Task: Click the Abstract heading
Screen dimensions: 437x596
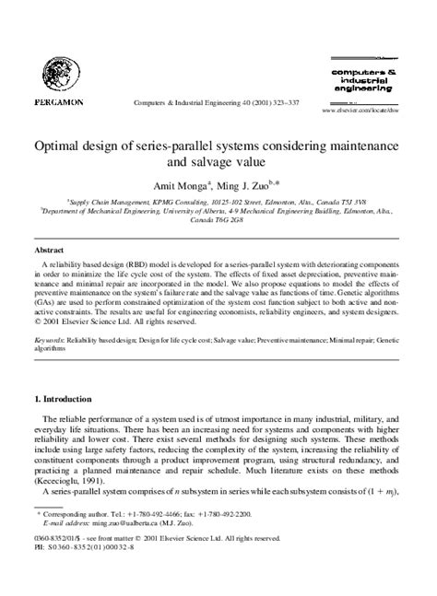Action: point(49,250)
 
